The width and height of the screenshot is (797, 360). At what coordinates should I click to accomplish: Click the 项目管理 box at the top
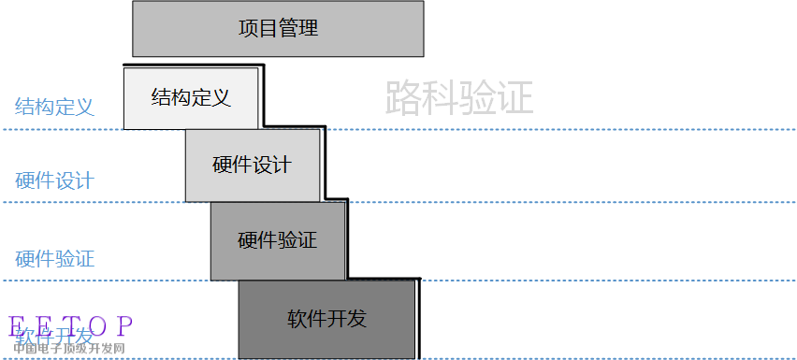point(278,29)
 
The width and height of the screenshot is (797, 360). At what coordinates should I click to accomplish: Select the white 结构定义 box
point(191,97)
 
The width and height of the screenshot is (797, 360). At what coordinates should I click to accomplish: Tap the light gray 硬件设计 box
point(253,166)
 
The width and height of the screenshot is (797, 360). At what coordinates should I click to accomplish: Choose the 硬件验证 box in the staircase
point(278,240)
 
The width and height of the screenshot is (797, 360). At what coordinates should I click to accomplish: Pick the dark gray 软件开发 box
point(326,319)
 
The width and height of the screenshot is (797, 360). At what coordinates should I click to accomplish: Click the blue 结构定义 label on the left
point(54,107)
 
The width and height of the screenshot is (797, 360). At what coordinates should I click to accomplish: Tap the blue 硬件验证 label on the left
point(54,259)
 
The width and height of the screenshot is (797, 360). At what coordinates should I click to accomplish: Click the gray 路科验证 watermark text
point(458,97)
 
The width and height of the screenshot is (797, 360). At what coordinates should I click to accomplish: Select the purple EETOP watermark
point(71,326)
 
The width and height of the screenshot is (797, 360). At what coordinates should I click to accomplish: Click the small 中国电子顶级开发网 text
point(68,349)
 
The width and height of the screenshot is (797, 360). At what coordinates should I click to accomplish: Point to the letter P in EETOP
point(124,326)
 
